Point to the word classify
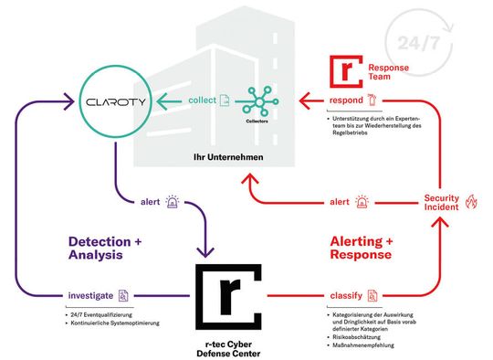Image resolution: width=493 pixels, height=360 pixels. (x=343, y=295)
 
